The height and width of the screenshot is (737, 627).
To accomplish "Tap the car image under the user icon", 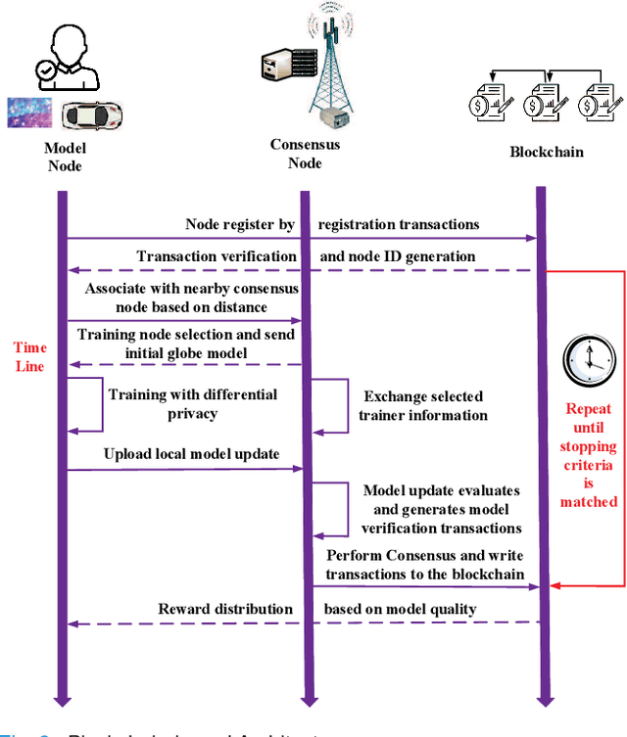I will pyautogui.click(x=91, y=115).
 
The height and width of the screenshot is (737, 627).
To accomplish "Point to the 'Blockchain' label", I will pyautogui.click(x=547, y=152).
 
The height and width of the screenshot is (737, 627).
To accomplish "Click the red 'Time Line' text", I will pyautogui.click(x=30, y=356).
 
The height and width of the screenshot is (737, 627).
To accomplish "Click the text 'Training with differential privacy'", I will pyautogui.click(x=192, y=404).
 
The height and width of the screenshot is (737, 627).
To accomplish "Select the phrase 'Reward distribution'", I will pyautogui.click(x=225, y=609).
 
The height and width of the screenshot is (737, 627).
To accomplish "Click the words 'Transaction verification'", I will pyautogui.click(x=217, y=256).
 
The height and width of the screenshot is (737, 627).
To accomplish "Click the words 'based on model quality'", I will pyautogui.click(x=401, y=609).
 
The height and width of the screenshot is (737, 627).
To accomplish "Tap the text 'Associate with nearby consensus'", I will pyautogui.click(x=191, y=289).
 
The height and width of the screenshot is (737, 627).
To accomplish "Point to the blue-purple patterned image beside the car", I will pyautogui.click(x=28, y=113).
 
